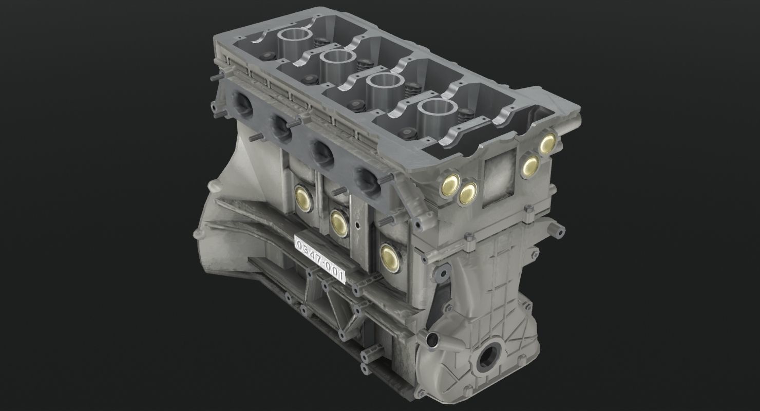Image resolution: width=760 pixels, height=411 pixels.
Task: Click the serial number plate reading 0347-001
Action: click(x=319, y=260)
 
